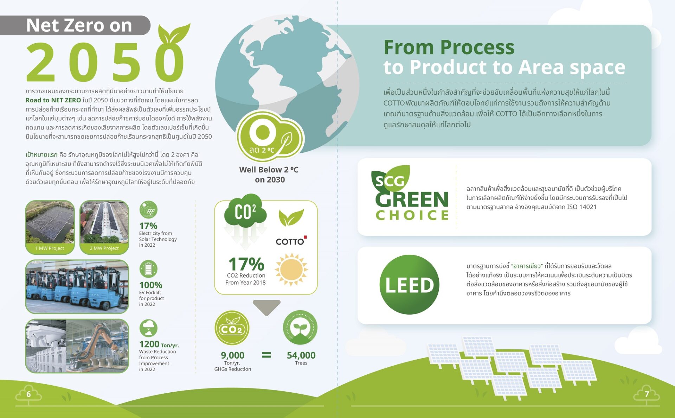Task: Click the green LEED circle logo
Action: point(409,284)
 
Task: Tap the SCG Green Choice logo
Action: point(410,193)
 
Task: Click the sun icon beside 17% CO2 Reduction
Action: point(291,270)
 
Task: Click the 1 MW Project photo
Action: point(50,227)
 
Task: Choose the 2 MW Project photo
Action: point(104,227)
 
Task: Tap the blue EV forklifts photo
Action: point(77,286)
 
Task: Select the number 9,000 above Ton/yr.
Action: point(232,355)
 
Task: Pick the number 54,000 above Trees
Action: point(301,355)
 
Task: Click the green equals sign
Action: point(266,355)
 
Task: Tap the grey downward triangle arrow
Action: point(266,306)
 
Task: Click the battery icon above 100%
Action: point(148,269)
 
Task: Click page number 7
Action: point(647,394)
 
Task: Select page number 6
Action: point(28,394)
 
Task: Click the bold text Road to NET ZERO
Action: point(53,100)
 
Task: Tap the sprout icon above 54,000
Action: point(300,328)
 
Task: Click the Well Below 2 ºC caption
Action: point(269,170)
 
